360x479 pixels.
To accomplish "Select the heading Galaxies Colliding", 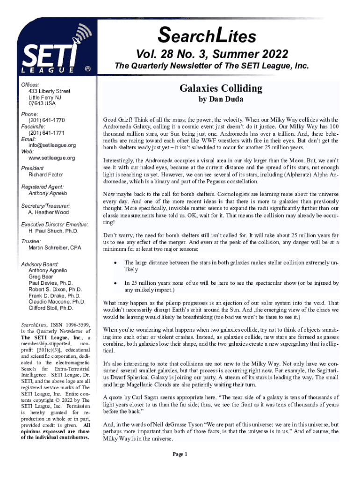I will [221, 88].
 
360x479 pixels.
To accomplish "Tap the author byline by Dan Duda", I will [221, 100].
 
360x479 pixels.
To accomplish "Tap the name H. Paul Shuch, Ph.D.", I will [53, 231].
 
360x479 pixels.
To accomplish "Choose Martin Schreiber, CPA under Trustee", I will [55, 247].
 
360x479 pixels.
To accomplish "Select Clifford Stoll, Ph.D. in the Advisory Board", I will [50, 309].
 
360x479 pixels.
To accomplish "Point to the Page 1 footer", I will [180, 454].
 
